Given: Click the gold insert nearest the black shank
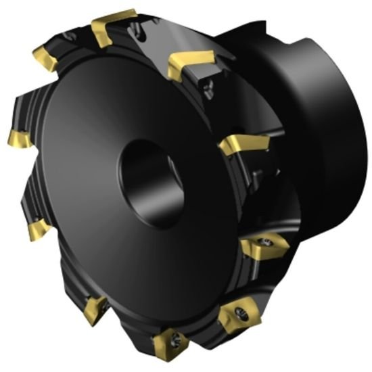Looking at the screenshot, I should click(192, 64).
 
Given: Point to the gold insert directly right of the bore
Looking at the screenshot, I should click(243, 144).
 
